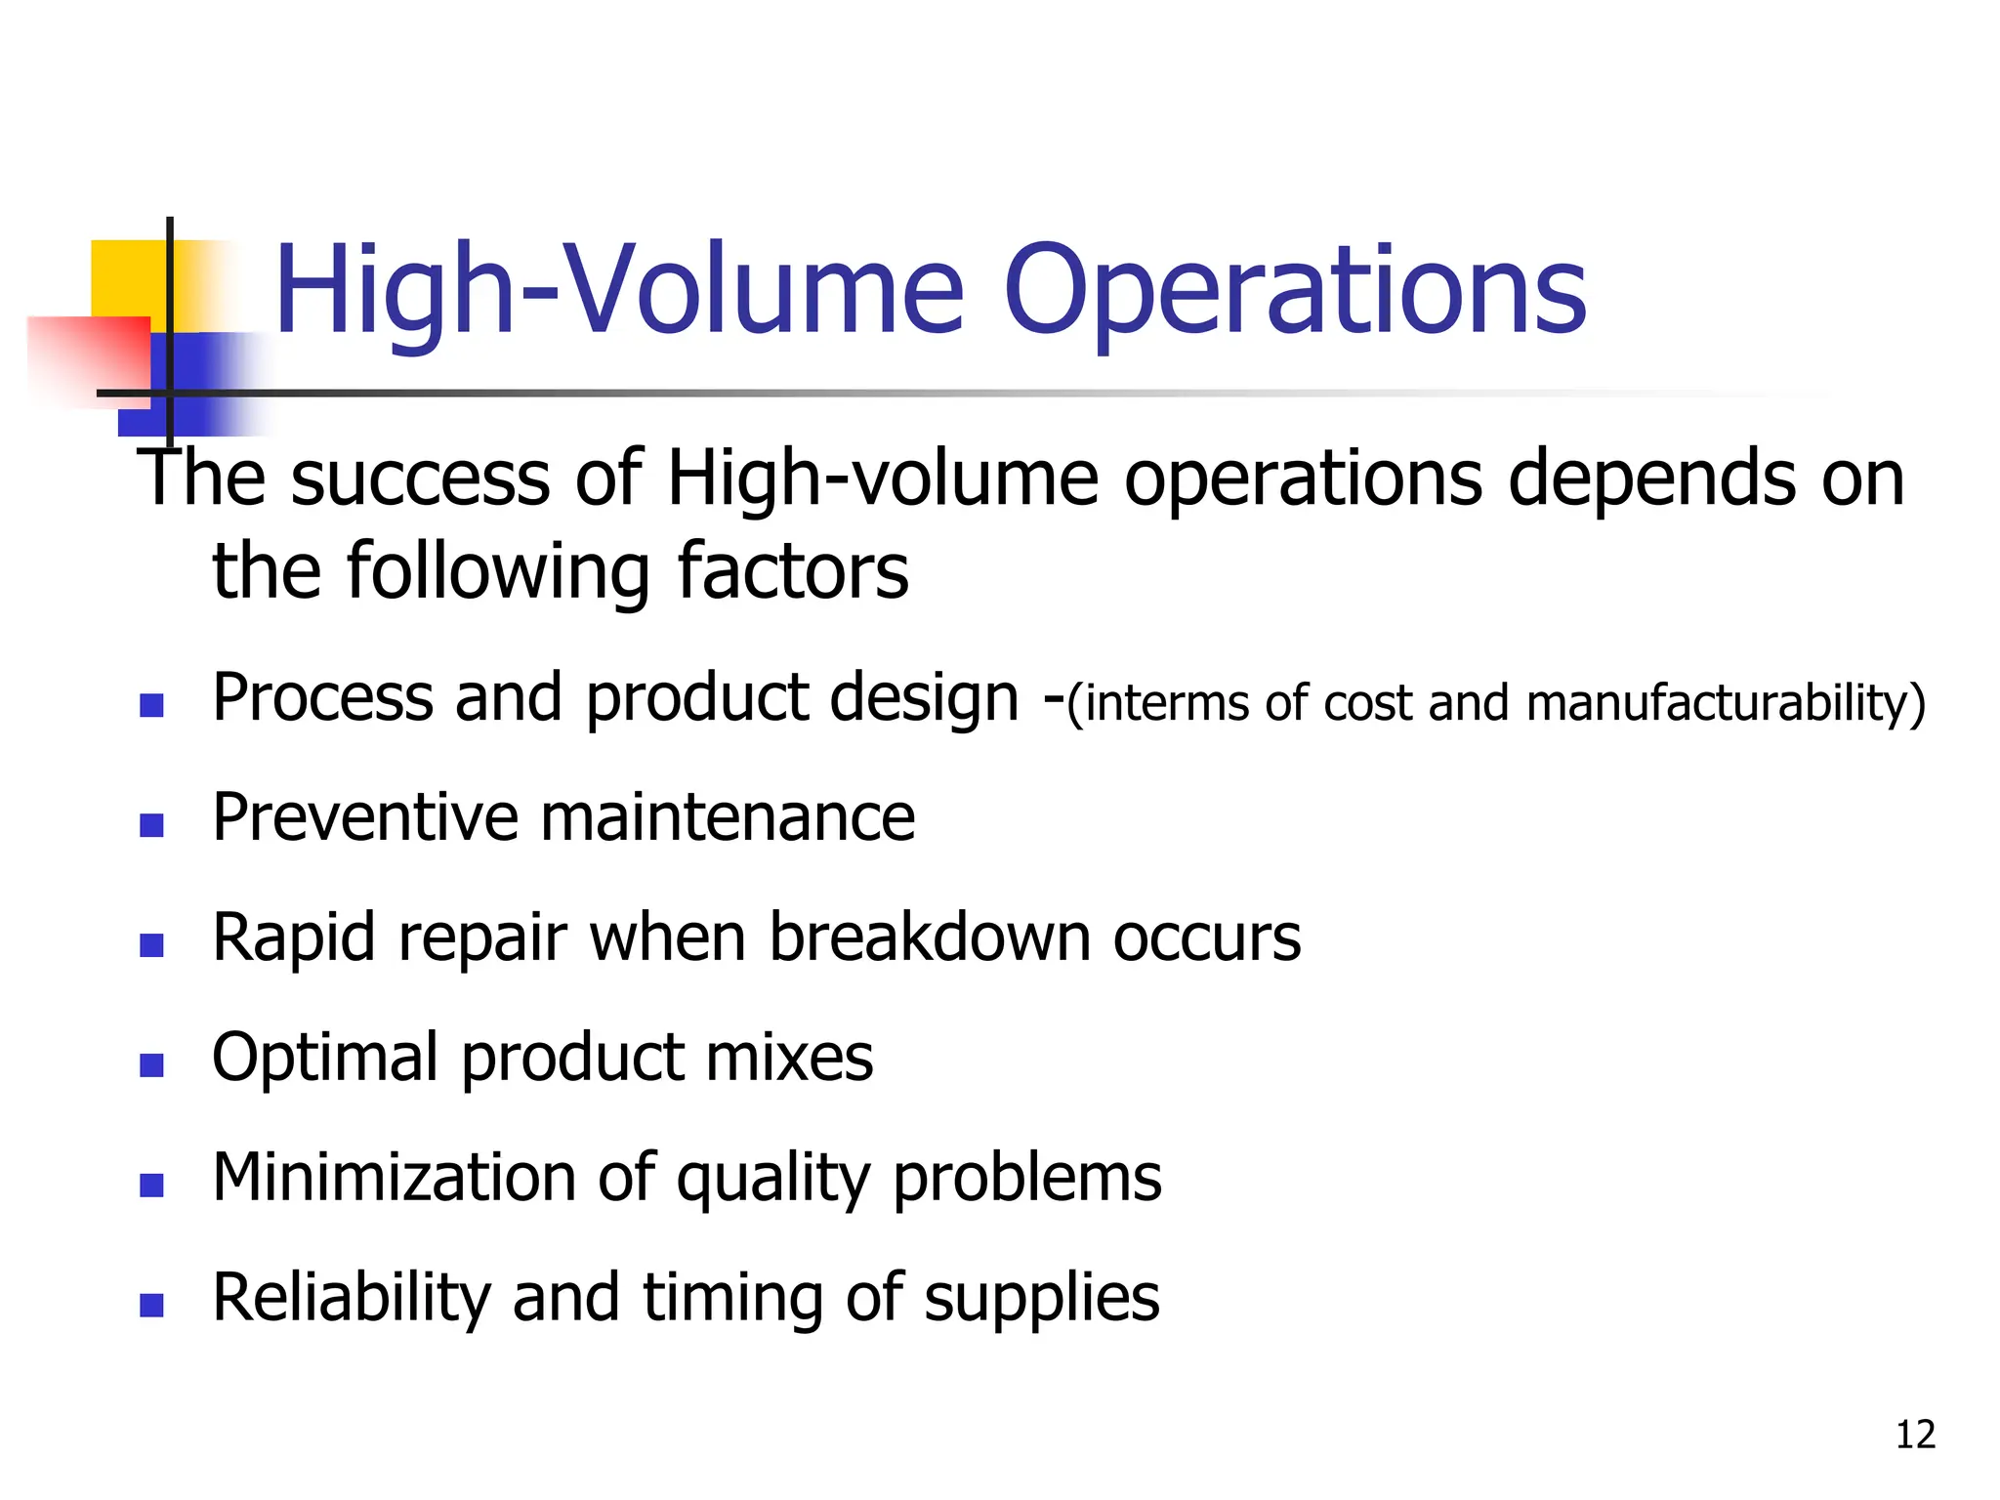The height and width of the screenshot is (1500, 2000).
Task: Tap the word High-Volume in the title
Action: (x=619, y=291)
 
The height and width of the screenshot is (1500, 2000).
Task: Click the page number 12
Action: (x=1915, y=1435)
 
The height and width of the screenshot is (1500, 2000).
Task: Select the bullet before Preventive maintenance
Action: (x=151, y=825)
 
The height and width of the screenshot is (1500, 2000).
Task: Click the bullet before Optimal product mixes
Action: (x=151, y=1064)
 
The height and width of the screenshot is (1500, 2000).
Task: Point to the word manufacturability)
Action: (x=1726, y=704)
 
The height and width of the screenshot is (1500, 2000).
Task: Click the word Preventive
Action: (x=365, y=817)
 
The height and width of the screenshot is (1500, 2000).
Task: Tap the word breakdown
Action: (x=929, y=937)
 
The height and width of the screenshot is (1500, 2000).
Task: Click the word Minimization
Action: (x=394, y=1177)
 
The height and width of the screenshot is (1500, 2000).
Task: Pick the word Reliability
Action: (x=351, y=1299)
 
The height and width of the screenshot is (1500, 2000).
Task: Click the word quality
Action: (x=772, y=1179)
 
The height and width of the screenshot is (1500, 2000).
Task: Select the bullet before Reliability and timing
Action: (x=151, y=1305)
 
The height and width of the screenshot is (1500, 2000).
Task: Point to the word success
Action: (x=420, y=480)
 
